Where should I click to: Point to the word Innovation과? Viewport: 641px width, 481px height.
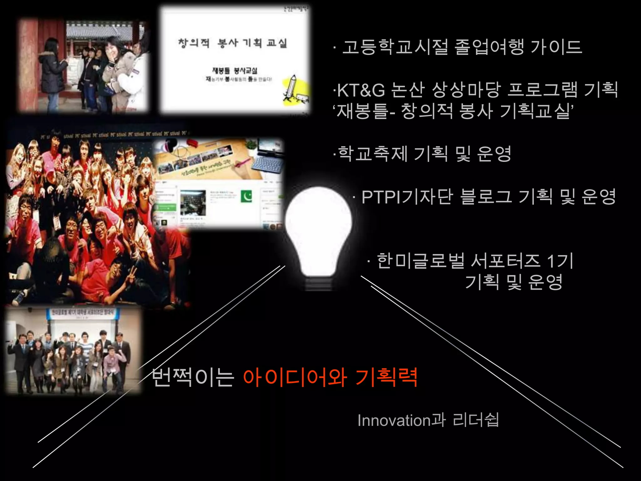pos(402,420)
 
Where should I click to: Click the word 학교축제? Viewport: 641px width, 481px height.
pos(372,154)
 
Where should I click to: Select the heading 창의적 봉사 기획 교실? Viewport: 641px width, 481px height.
pos(232,43)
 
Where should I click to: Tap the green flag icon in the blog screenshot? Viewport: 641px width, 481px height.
pos(246,197)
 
